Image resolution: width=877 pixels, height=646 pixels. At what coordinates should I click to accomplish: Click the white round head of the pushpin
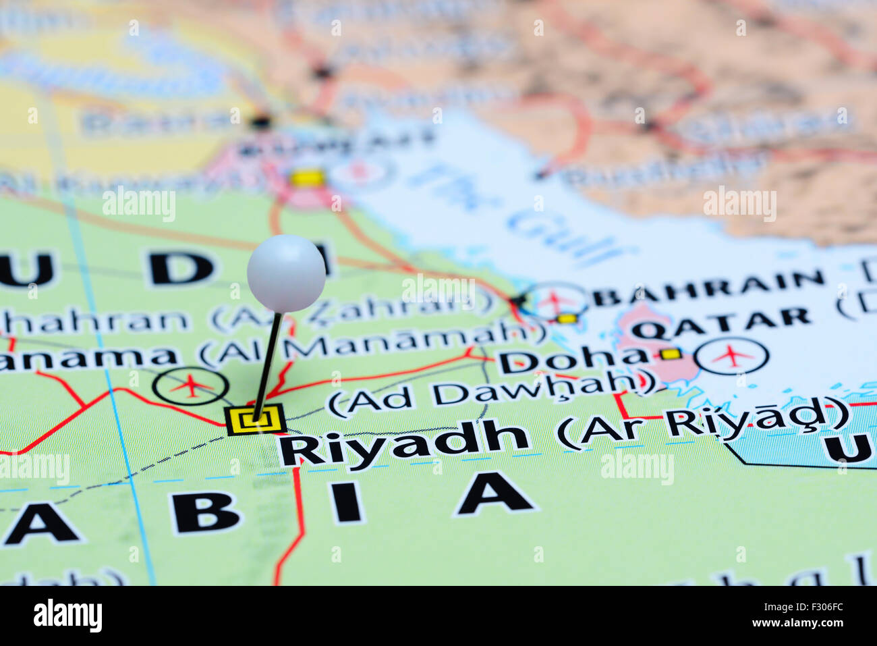[x=286, y=273]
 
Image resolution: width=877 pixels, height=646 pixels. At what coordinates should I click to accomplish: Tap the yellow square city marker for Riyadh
[x=256, y=420]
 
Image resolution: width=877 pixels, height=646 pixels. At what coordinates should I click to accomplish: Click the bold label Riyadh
[x=403, y=442]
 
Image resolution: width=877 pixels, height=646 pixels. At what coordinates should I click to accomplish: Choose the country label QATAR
[x=720, y=323]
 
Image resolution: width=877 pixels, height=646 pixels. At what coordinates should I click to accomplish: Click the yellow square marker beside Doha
[x=671, y=354]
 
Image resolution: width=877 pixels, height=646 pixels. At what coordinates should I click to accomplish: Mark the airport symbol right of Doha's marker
[x=731, y=355]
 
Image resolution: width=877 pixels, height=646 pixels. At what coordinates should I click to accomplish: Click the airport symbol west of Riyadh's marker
[x=191, y=386]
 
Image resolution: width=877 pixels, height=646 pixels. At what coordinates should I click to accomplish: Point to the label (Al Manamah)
[x=373, y=344]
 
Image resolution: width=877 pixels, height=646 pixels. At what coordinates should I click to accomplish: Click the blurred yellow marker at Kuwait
[x=308, y=178]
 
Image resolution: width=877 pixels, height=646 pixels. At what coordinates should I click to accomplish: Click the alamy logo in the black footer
[x=67, y=616]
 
